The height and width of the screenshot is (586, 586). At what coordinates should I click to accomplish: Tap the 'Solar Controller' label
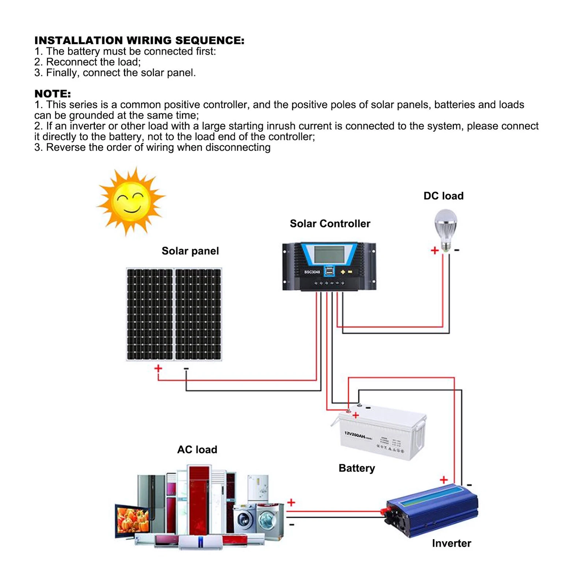pos(330,223)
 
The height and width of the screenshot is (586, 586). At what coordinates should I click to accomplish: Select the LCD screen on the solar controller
pos(329,254)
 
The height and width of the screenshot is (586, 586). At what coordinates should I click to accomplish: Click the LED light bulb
pos(445,229)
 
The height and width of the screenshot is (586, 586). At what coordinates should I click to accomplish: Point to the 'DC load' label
pos(443,196)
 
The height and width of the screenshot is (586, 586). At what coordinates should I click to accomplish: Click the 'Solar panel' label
pos(190,251)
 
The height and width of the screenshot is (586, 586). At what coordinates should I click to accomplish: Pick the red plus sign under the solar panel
pos(158,368)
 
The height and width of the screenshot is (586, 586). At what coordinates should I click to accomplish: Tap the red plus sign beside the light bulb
pos(434,251)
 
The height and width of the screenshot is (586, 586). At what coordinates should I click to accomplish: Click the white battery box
pos(381,434)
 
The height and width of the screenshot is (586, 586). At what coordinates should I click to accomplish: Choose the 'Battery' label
pos(356,468)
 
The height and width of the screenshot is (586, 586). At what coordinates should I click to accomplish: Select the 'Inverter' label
pos(451,543)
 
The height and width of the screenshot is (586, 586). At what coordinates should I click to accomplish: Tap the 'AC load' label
pos(197,449)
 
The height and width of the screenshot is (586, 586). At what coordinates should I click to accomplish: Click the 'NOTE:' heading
pos(53,94)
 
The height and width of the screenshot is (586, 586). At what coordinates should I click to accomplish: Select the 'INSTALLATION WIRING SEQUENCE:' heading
pos(139,40)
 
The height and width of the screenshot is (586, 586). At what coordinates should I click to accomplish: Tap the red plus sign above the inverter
pos(444,480)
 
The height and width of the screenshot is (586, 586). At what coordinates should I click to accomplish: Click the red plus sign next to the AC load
pos(291,502)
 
